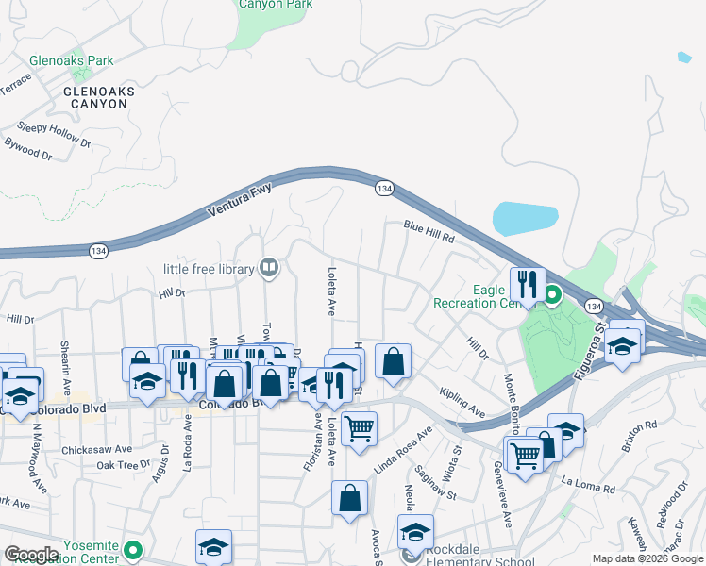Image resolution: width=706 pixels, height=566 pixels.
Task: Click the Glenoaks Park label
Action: [x=71, y=60]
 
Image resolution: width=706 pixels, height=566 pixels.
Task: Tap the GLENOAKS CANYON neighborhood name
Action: [x=98, y=97]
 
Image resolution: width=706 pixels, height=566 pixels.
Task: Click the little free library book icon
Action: [x=270, y=269]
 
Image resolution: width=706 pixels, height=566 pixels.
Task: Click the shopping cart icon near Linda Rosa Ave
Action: [x=359, y=428]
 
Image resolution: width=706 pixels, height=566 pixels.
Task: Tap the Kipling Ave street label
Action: [x=462, y=401]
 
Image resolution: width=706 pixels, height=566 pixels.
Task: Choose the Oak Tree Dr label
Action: [x=123, y=465]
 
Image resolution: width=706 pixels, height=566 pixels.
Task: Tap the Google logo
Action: [x=32, y=554]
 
